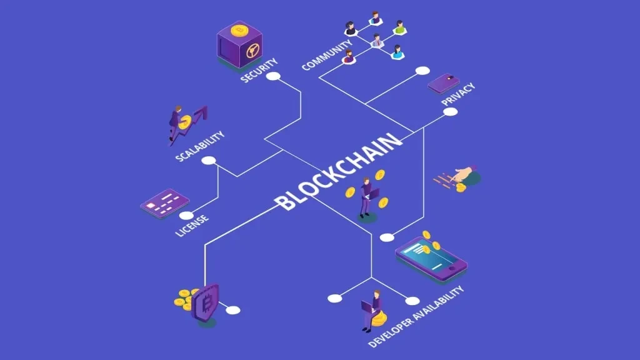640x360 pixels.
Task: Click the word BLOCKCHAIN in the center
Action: pos(339,170)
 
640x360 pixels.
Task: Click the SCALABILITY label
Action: pos(199,146)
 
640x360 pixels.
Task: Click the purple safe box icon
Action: pos(239,46)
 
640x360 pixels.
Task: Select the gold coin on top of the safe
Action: pos(238,29)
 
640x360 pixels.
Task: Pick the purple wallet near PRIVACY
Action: pos(444,83)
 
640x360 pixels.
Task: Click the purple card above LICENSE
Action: pos(164,203)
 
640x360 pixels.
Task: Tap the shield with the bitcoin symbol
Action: pos(206,302)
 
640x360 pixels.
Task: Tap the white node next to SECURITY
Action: pos(273,76)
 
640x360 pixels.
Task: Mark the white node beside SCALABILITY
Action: pos(209,161)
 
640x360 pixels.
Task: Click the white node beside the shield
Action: pos(233,310)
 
